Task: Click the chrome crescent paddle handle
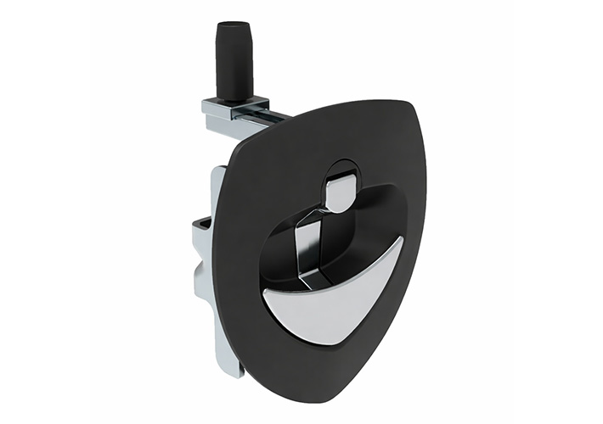click(335, 306)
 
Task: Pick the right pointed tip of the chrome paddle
click(401, 240)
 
